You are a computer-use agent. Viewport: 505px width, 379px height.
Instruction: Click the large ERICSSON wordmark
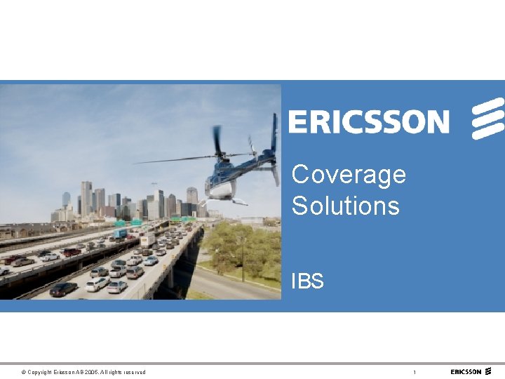coord(368,121)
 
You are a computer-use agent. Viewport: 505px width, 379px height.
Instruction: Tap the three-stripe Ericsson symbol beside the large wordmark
coord(487,118)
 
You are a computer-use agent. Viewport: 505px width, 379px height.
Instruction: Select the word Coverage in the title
coord(349,174)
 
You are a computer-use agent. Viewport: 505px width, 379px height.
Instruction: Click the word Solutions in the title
coord(345,206)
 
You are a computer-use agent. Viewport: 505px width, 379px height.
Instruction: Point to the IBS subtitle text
coord(307,281)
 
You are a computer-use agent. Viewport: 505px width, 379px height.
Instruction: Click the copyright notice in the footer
coord(83,372)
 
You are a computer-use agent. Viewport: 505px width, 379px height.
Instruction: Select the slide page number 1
coord(415,372)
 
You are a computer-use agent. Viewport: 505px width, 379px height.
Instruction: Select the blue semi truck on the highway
coord(121,233)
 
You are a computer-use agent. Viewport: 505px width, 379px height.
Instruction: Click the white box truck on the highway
coord(147,240)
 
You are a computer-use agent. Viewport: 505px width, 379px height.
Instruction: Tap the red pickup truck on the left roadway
coord(72,251)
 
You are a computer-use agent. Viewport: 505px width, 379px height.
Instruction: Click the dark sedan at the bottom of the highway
coord(63,288)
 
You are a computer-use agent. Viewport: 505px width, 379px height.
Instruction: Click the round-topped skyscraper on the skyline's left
coord(66,199)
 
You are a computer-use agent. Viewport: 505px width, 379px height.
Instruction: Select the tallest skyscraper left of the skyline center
coord(86,197)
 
